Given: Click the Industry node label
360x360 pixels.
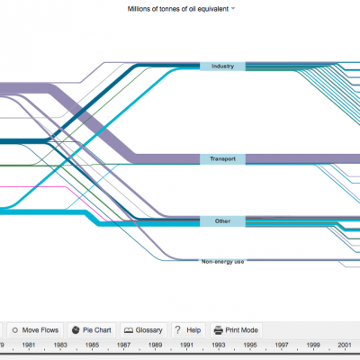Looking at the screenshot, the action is pos(222,67).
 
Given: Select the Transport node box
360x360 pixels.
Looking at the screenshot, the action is pos(222,159).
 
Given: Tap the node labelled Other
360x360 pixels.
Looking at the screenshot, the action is pos(222,221).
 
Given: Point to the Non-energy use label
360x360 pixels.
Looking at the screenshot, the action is pos(222,262).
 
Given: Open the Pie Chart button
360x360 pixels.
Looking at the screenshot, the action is pos(92,330).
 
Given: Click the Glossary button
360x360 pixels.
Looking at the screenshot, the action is pos(143,330).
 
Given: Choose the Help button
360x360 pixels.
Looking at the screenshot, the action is pos(188,330).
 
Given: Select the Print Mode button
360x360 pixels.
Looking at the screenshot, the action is pos(236,330).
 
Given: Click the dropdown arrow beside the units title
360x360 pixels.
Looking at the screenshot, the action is pos(233,9).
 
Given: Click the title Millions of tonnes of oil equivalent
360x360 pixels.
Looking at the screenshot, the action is pos(178,9).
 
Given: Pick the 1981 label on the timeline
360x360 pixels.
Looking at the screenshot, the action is pos(29,345).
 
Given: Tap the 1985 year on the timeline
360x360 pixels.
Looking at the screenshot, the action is pos(92,345).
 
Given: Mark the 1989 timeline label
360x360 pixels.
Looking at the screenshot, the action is pos(155,345).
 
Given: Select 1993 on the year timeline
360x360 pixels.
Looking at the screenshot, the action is pos(219,345).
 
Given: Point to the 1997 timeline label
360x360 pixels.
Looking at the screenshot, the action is pos(282,345).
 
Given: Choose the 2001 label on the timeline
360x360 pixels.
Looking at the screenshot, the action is pos(345,345).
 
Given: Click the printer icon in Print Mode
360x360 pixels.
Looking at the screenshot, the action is pos(219,330).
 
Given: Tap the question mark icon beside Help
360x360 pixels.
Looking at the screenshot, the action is pos(178,330).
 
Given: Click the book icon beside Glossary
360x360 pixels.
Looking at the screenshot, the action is pos(129,330).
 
